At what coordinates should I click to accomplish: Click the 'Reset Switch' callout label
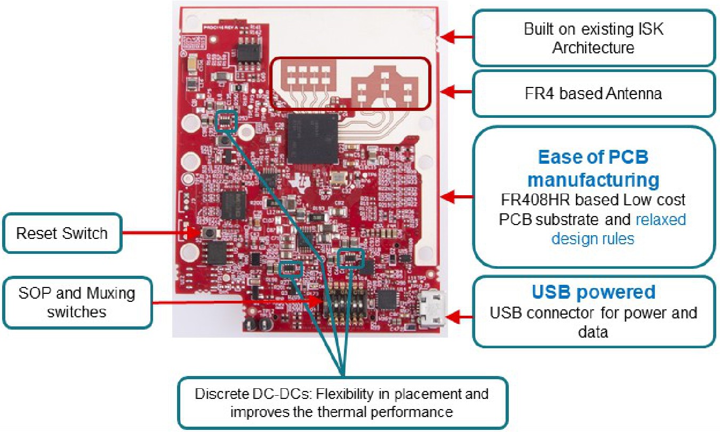62,234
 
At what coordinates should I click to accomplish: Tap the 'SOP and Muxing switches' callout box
77,302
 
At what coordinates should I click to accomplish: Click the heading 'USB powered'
593,292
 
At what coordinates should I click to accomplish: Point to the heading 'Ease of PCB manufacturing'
593,168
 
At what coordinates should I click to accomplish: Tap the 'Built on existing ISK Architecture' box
593,38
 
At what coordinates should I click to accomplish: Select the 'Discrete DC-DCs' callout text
341,403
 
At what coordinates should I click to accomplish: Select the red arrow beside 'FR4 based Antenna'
459,92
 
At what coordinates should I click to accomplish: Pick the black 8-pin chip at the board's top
248,51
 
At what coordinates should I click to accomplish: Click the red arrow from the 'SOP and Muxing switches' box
235,302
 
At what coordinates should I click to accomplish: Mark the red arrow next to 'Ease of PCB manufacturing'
458,197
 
